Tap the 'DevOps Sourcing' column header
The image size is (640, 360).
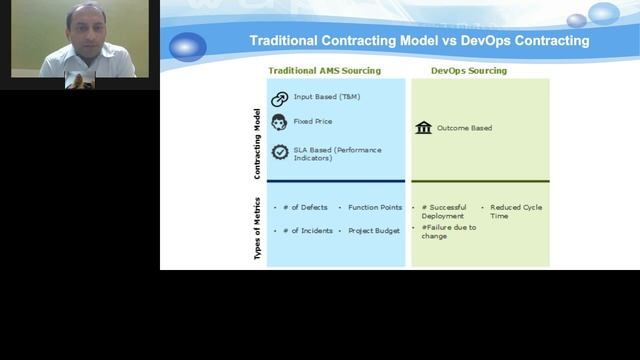click(468, 71)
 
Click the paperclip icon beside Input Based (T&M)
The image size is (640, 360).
click(280, 99)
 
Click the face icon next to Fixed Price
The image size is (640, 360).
click(280, 122)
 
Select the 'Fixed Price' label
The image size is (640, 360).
click(313, 121)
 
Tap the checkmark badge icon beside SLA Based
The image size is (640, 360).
click(280, 152)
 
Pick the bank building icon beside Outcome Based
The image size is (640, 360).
click(423, 128)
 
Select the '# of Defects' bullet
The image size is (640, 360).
click(305, 207)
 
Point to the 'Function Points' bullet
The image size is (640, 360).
click(375, 207)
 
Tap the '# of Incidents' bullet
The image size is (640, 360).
click(308, 231)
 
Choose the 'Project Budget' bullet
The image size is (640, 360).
click(374, 231)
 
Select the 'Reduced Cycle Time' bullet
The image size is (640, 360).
click(516, 211)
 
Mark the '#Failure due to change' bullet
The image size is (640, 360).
click(449, 232)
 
